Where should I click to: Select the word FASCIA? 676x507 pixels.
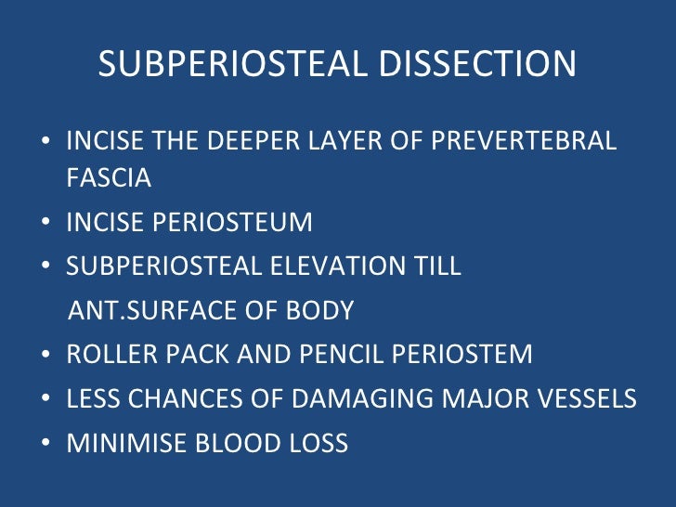[109, 178]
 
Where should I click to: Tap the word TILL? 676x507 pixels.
[435, 267]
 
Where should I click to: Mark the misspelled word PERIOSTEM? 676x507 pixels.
[468, 354]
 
